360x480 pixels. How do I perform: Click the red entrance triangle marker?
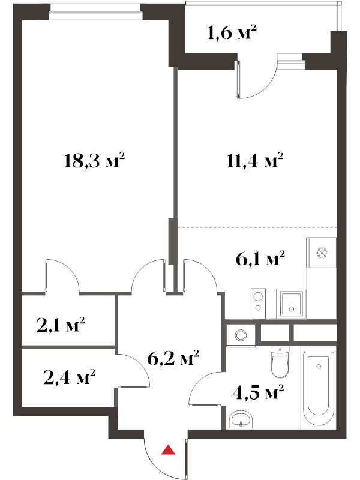click(x=168, y=449)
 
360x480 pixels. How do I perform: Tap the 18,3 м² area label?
click(x=95, y=161)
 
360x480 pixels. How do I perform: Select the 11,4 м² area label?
click(x=256, y=161)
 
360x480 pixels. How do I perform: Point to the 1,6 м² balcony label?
click(x=232, y=32)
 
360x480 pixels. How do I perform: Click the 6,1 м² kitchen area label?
click(x=260, y=259)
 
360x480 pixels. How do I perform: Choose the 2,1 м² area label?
click(x=61, y=325)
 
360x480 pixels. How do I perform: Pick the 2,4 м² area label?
click(x=70, y=377)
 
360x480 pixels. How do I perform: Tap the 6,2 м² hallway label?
click(x=173, y=358)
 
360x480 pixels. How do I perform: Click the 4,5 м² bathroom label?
click(x=259, y=392)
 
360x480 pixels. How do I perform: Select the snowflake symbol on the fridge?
click(x=322, y=253)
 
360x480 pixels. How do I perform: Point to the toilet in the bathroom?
click(x=280, y=363)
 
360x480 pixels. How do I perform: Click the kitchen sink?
click(x=291, y=304)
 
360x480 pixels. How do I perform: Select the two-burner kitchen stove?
click(x=258, y=304)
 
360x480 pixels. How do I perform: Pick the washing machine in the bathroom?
click(x=241, y=336)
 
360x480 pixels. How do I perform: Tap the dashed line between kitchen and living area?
click(x=258, y=227)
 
